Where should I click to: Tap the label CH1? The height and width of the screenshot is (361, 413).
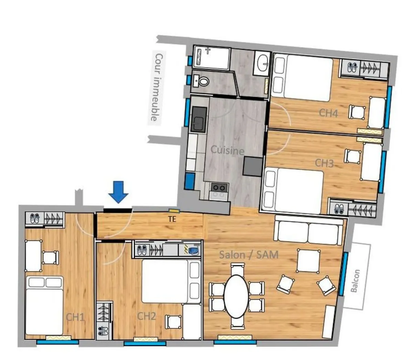pos(75,317)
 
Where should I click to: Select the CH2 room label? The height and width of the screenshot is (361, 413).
pos(147,316)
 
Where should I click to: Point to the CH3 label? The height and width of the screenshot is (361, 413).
pos(324,163)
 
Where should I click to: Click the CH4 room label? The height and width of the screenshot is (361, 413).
pos(328,113)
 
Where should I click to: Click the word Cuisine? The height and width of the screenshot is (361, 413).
pos(227,150)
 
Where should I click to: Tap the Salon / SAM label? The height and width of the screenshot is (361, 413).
pos(249,255)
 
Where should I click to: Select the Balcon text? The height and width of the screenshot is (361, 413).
pos(355,281)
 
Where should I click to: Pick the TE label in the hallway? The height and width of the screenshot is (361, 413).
pos(172,219)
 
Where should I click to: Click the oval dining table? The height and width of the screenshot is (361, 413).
pos(236,296)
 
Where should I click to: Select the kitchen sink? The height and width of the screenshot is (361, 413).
pos(199,119)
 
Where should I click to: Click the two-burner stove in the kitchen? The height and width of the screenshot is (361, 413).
pos(219,188)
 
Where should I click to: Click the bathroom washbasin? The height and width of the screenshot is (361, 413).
pos(263,63)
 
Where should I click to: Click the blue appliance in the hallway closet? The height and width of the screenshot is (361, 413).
pos(194,250)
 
